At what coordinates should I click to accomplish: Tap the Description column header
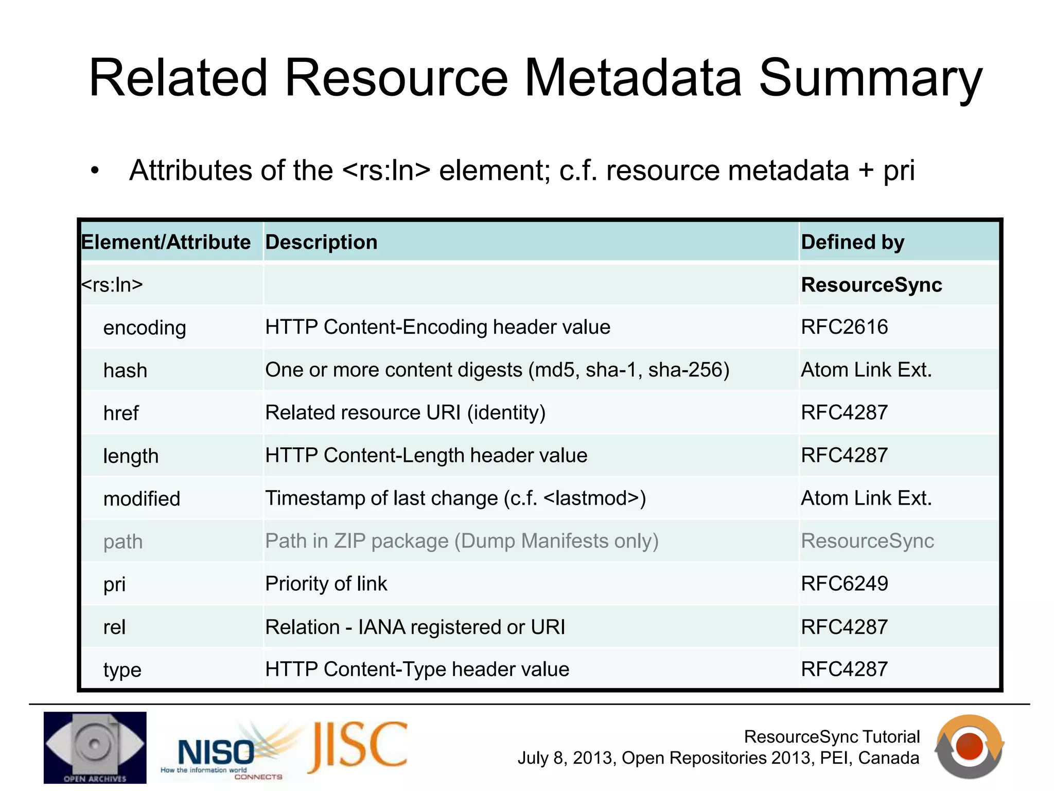[x=321, y=242]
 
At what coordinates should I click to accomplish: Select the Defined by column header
[x=852, y=242]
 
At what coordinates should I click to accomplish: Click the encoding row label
[x=145, y=328]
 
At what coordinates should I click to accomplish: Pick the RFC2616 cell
[x=845, y=327]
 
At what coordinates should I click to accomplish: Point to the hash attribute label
[x=125, y=370]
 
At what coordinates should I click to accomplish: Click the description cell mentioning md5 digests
[x=497, y=370]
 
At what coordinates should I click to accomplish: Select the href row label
[x=121, y=413]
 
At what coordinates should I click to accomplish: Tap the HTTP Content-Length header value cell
[x=426, y=455]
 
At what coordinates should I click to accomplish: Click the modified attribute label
[x=142, y=498]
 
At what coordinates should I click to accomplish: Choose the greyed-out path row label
[x=123, y=542]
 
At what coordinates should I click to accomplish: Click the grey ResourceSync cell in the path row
[x=867, y=541]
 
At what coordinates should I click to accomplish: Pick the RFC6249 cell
[x=845, y=583]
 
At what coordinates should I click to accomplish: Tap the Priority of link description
[x=326, y=583]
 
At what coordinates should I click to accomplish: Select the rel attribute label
[x=114, y=627]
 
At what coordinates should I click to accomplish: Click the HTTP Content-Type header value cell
[x=417, y=669]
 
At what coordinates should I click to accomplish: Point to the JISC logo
[x=358, y=746]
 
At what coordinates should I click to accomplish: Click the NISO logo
[x=221, y=752]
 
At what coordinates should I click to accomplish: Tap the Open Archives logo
[x=95, y=747]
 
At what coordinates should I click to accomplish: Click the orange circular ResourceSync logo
[x=969, y=747]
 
